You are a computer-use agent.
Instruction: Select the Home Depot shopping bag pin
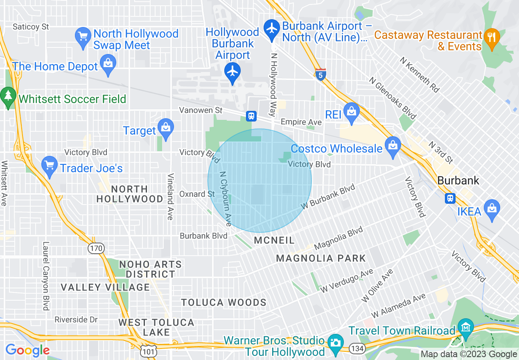pyautogui.click(x=108, y=64)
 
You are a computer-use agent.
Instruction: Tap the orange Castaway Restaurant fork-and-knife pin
pyautogui.click(x=491, y=37)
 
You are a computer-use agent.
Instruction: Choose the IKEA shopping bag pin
pyautogui.click(x=492, y=209)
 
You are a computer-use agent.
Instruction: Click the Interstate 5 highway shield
pyautogui.click(x=321, y=74)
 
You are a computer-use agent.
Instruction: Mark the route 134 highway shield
pyautogui.click(x=357, y=348)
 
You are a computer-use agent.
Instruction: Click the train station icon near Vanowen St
pyautogui.click(x=251, y=116)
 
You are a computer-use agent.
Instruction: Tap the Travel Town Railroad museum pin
pyautogui.click(x=466, y=328)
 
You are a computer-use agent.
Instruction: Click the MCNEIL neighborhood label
pyautogui.click(x=274, y=241)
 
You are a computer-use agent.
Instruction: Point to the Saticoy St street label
pyautogui.click(x=31, y=27)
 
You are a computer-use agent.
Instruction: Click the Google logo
pyautogui.click(x=27, y=350)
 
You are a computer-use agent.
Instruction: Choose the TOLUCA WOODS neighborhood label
pyautogui.click(x=224, y=303)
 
